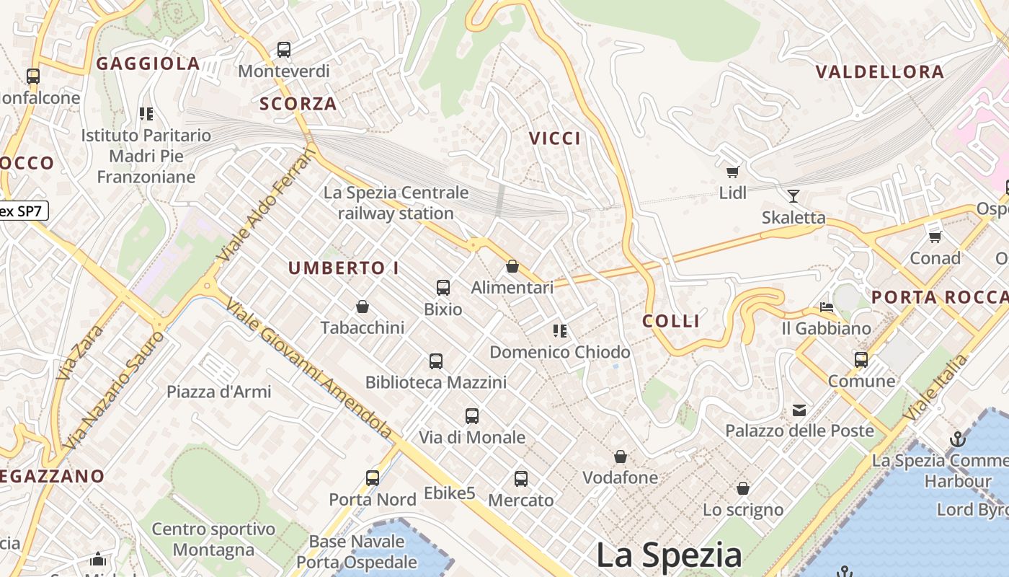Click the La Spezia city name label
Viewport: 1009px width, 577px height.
click(669, 555)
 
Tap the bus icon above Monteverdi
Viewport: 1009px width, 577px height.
click(284, 50)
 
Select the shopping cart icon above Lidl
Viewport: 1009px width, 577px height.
click(733, 172)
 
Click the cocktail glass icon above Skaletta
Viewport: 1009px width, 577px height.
click(794, 195)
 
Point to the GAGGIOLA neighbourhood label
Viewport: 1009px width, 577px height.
click(148, 63)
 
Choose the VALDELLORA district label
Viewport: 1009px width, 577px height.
click(879, 71)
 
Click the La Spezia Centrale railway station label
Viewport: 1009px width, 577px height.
click(396, 203)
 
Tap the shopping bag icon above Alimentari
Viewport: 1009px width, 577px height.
click(512, 266)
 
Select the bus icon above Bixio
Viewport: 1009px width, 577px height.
click(443, 288)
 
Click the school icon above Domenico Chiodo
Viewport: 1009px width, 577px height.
click(560, 331)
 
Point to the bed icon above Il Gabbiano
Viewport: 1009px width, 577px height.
click(827, 307)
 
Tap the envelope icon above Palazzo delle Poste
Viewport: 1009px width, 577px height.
click(799, 410)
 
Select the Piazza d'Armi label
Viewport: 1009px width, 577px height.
click(219, 392)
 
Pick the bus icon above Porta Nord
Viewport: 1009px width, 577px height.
click(373, 477)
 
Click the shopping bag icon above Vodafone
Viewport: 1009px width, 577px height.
click(621, 457)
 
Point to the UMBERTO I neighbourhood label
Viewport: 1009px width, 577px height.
click(344, 268)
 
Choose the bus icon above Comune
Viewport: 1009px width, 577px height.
click(861, 360)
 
